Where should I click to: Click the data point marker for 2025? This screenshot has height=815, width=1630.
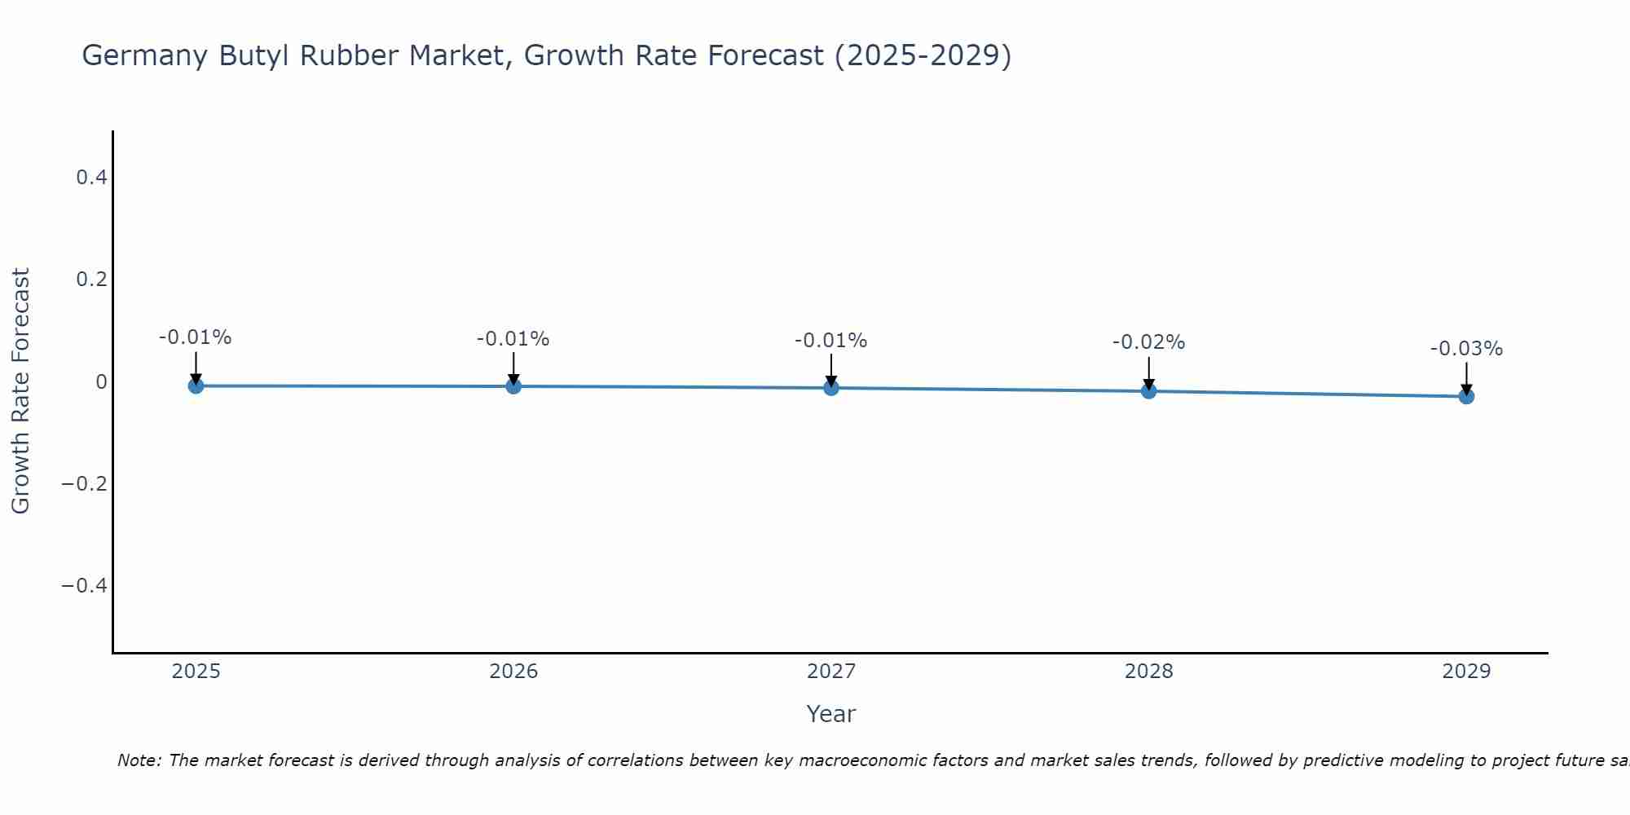click(x=196, y=385)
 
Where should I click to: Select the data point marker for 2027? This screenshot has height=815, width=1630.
click(x=831, y=388)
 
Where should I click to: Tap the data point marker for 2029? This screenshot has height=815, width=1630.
click(x=1466, y=396)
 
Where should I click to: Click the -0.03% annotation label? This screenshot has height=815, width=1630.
click(x=1466, y=349)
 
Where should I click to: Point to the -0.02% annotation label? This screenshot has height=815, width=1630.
click(x=1148, y=342)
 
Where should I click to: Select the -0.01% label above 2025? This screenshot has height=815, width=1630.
click(x=195, y=337)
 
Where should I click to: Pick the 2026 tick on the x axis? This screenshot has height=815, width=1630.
click(x=513, y=672)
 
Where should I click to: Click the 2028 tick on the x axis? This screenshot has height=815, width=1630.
click(x=1148, y=672)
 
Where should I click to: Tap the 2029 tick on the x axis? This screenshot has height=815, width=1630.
click(x=1466, y=672)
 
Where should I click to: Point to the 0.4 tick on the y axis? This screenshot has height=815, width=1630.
click(x=92, y=177)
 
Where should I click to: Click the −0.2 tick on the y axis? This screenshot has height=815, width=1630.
click(x=85, y=483)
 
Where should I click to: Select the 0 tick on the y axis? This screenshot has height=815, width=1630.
click(x=102, y=381)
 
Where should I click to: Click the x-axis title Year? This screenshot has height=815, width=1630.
click(x=830, y=714)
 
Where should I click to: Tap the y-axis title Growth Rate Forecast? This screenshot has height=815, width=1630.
click(x=20, y=391)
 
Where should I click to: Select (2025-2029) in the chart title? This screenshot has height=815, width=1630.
click(x=923, y=55)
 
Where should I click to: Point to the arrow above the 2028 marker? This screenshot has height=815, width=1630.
click(x=1148, y=373)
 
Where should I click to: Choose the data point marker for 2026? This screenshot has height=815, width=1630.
click(x=513, y=385)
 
